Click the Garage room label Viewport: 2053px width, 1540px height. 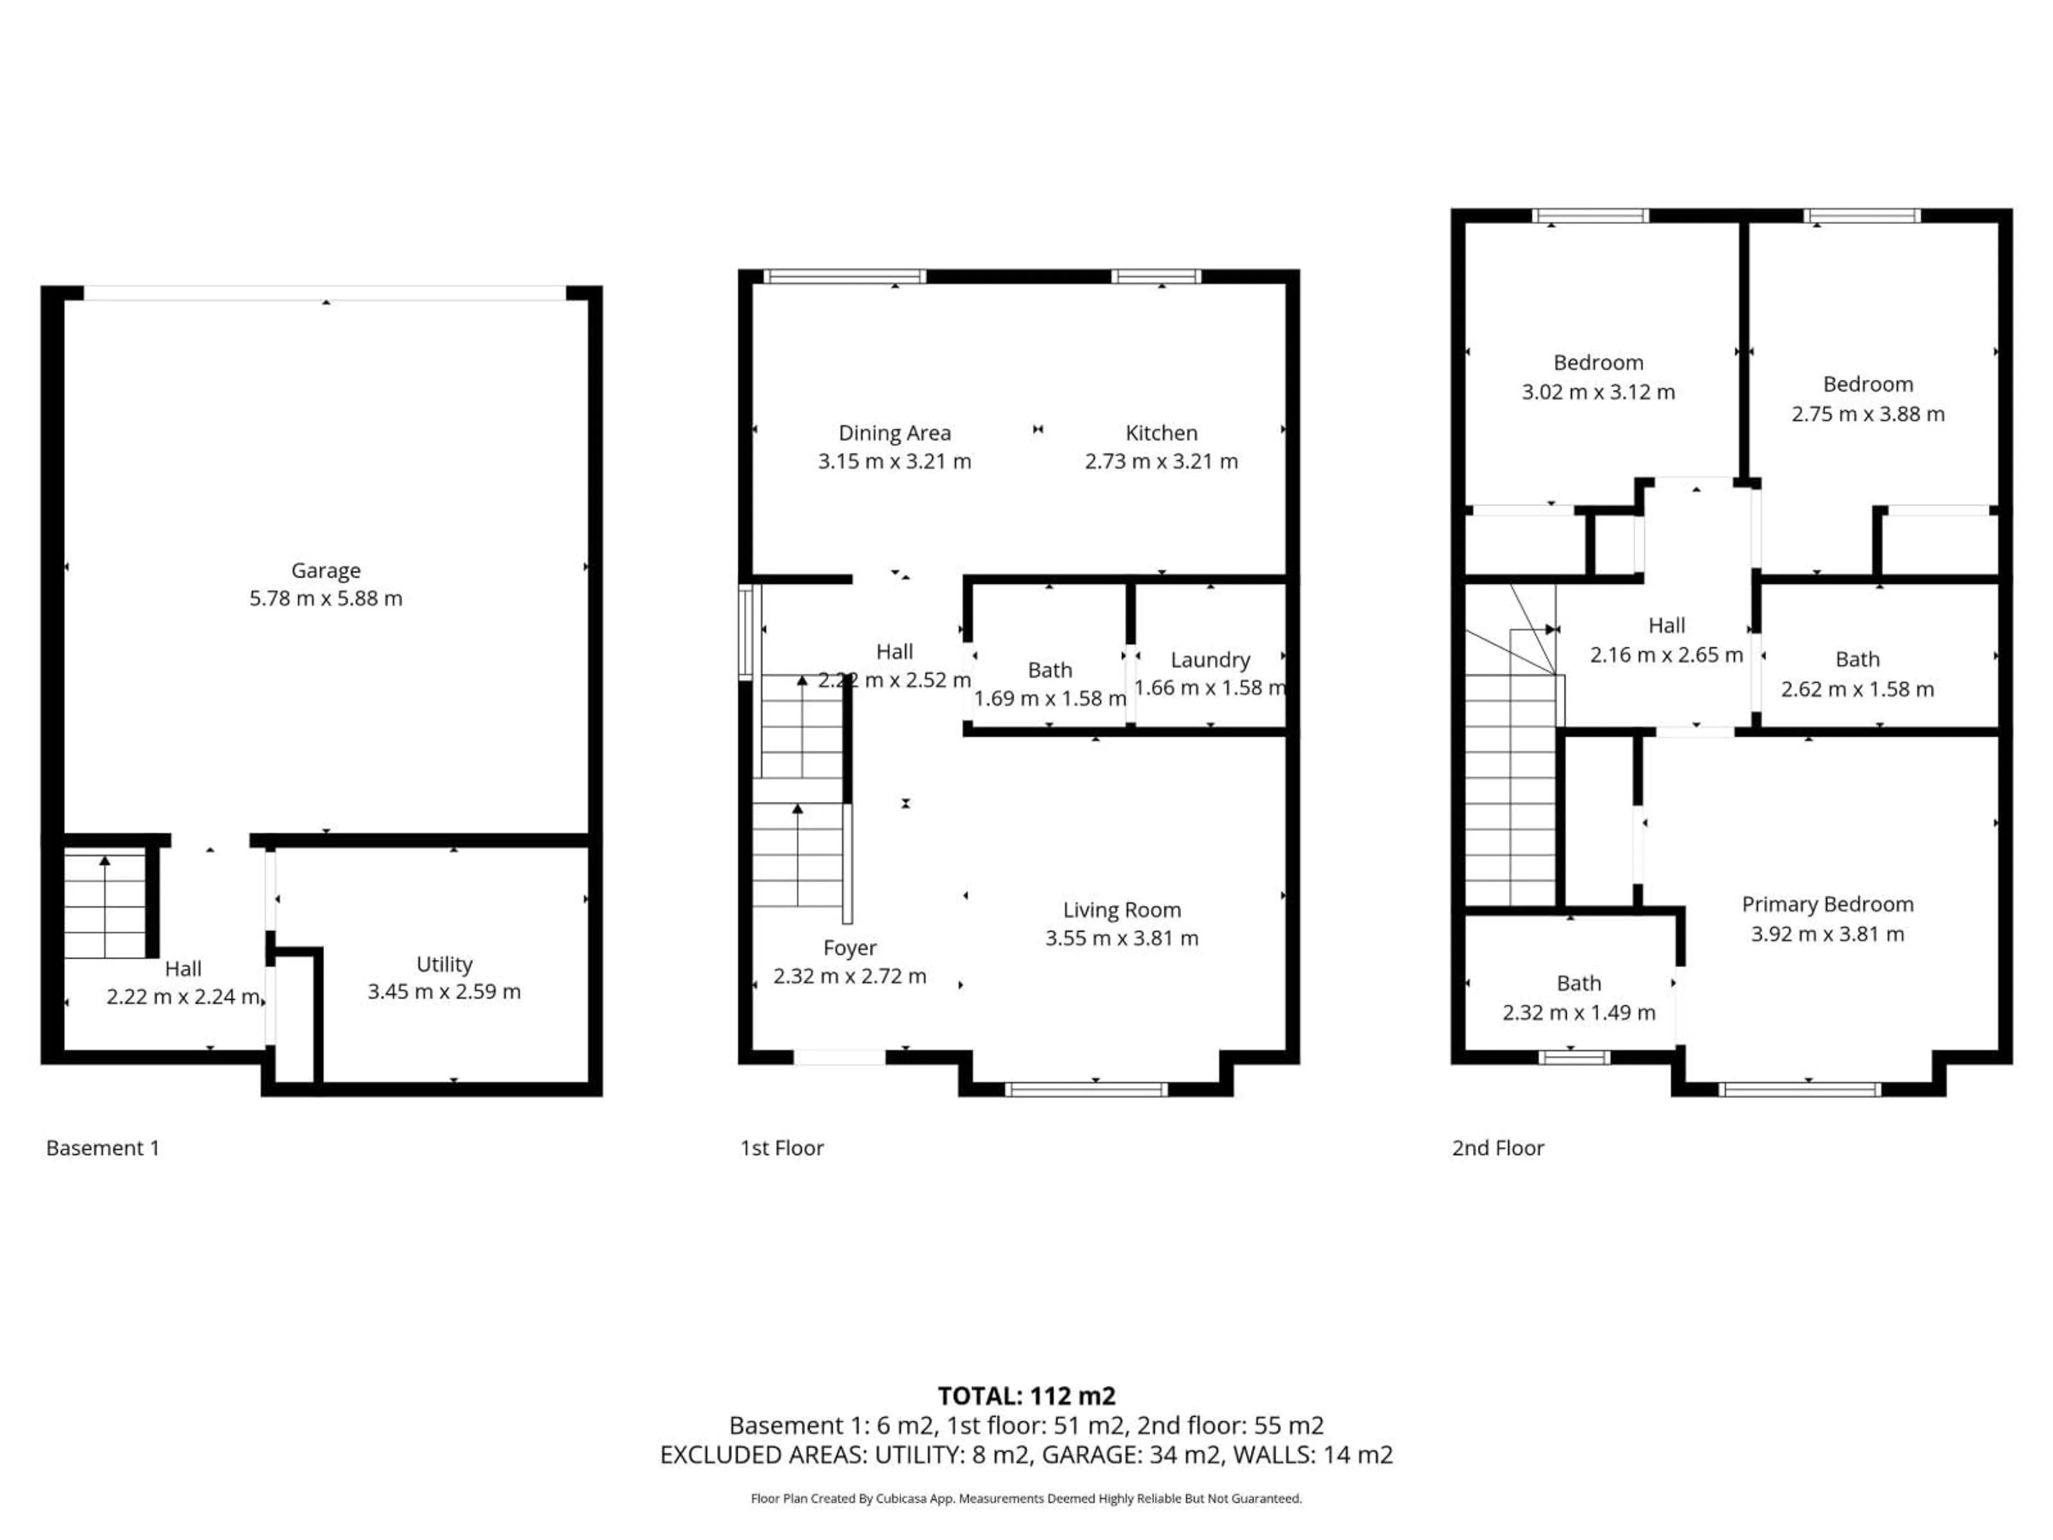point(325,570)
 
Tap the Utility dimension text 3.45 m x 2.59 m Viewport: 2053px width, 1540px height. point(444,991)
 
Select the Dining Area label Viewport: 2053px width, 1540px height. point(894,433)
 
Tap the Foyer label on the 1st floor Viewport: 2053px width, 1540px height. point(849,948)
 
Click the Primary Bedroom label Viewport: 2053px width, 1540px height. point(1826,904)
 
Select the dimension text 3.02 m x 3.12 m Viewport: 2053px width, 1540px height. point(1597,392)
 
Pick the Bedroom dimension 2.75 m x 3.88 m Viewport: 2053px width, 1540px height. point(1867,414)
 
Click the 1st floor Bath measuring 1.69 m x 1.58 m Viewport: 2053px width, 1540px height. point(1049,670)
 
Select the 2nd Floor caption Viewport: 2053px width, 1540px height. point(1497,1148)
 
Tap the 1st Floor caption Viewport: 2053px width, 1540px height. point(782,1148)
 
